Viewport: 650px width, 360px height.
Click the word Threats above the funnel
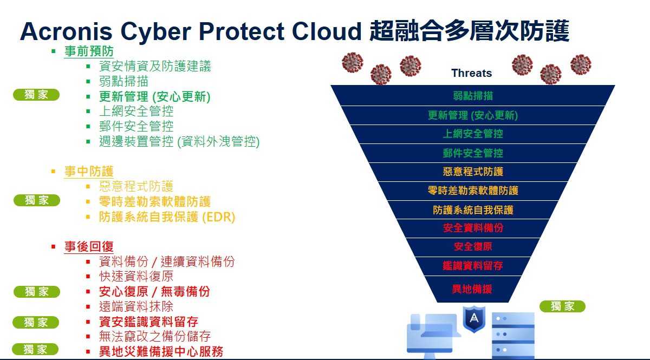[x=472, y=73]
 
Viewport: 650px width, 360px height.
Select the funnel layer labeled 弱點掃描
[x=473, y=95]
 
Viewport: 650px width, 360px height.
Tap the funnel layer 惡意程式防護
[x=473, y=172]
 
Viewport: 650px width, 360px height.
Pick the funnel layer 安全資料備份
[x=473, y=228]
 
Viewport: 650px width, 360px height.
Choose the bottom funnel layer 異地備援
[x=472, y=289]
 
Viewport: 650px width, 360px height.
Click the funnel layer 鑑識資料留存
[x=473, y=266]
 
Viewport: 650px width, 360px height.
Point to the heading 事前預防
[x=89, y=51]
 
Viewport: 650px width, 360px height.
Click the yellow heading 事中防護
[x=89, y=171]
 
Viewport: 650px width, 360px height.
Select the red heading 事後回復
[x=89, y=246]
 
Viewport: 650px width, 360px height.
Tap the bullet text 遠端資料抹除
[x=136, y=306]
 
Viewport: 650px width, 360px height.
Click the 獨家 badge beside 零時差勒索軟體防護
[x=37, y=200]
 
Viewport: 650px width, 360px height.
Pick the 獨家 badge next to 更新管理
[x=36, y=95]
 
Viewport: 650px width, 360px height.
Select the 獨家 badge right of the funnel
[x=562, y=306]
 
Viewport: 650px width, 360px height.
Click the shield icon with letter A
[x=474, y=318]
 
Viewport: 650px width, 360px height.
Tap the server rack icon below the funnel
[x=513, y=336]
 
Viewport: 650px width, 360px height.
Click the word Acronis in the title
[x=66, y=31]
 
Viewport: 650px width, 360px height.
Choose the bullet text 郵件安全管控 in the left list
[x=136, y=127]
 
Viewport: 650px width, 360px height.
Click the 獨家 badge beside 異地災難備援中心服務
[x=35, y=349]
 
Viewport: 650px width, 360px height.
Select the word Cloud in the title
[x=327, y=31]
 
